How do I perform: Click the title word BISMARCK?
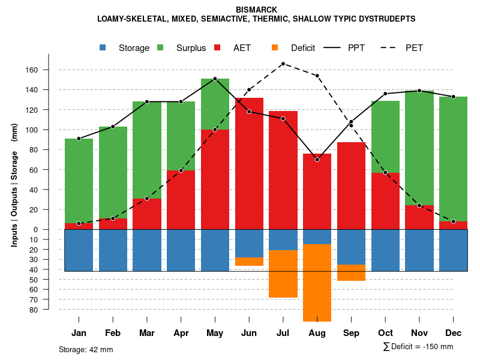[256, 10]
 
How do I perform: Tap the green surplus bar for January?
[79, 180]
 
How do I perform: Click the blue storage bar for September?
[351, 247]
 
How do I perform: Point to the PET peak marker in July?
[283, 64]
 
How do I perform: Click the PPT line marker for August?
[317, 160]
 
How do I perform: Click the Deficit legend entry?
[302, 48]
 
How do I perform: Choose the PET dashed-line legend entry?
[414, 48]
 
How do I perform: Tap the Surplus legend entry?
[191, 48]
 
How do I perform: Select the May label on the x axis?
[215, 333]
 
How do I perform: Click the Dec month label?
[454, 333]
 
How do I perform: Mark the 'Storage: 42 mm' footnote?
[86, 349]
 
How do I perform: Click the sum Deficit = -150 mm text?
[418, 347]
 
